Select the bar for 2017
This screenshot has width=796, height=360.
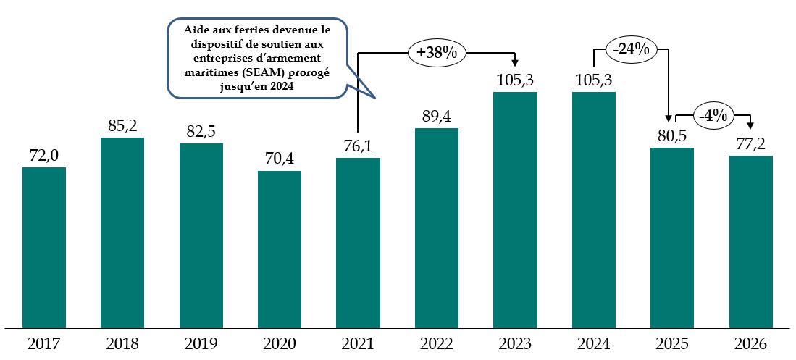[44, 247]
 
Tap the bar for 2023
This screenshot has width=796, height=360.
[515, 209]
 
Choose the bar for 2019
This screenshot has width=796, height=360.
[201, 235]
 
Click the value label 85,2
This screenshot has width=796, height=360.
[122, 126]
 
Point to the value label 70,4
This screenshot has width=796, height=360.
[280, 159]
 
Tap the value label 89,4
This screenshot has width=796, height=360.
[437, 117]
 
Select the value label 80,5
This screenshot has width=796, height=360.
[671, 136]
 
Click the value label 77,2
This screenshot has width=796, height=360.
[750, 144]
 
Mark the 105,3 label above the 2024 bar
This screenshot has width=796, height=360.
[594, 80]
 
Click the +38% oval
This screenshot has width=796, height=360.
[436, 52]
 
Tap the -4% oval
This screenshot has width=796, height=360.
[713, 114]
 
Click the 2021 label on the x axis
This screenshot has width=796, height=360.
[358, 343]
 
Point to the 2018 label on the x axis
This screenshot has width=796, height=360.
[122, 343]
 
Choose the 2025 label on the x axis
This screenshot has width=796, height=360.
[671, 343]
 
